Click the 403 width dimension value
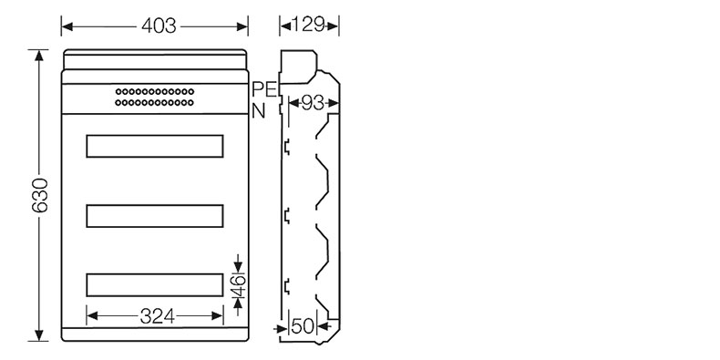pyautogui.click(x=159, y=26)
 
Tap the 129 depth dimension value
pyautogui.click(x=309, y=25)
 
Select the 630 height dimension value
pyautogui.click(x=40, y=195)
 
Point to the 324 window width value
pyautogui.click(x=157, y=316)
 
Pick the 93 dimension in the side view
pyautogui.click(x=313, y=103)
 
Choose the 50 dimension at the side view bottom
pyautogui.click(x=303, y=326)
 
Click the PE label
pyautogui.click(x=265, y=89)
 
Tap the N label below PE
pyautogui.click(x=259, y=110)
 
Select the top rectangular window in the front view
pyautogui.click(x=155, y=146)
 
